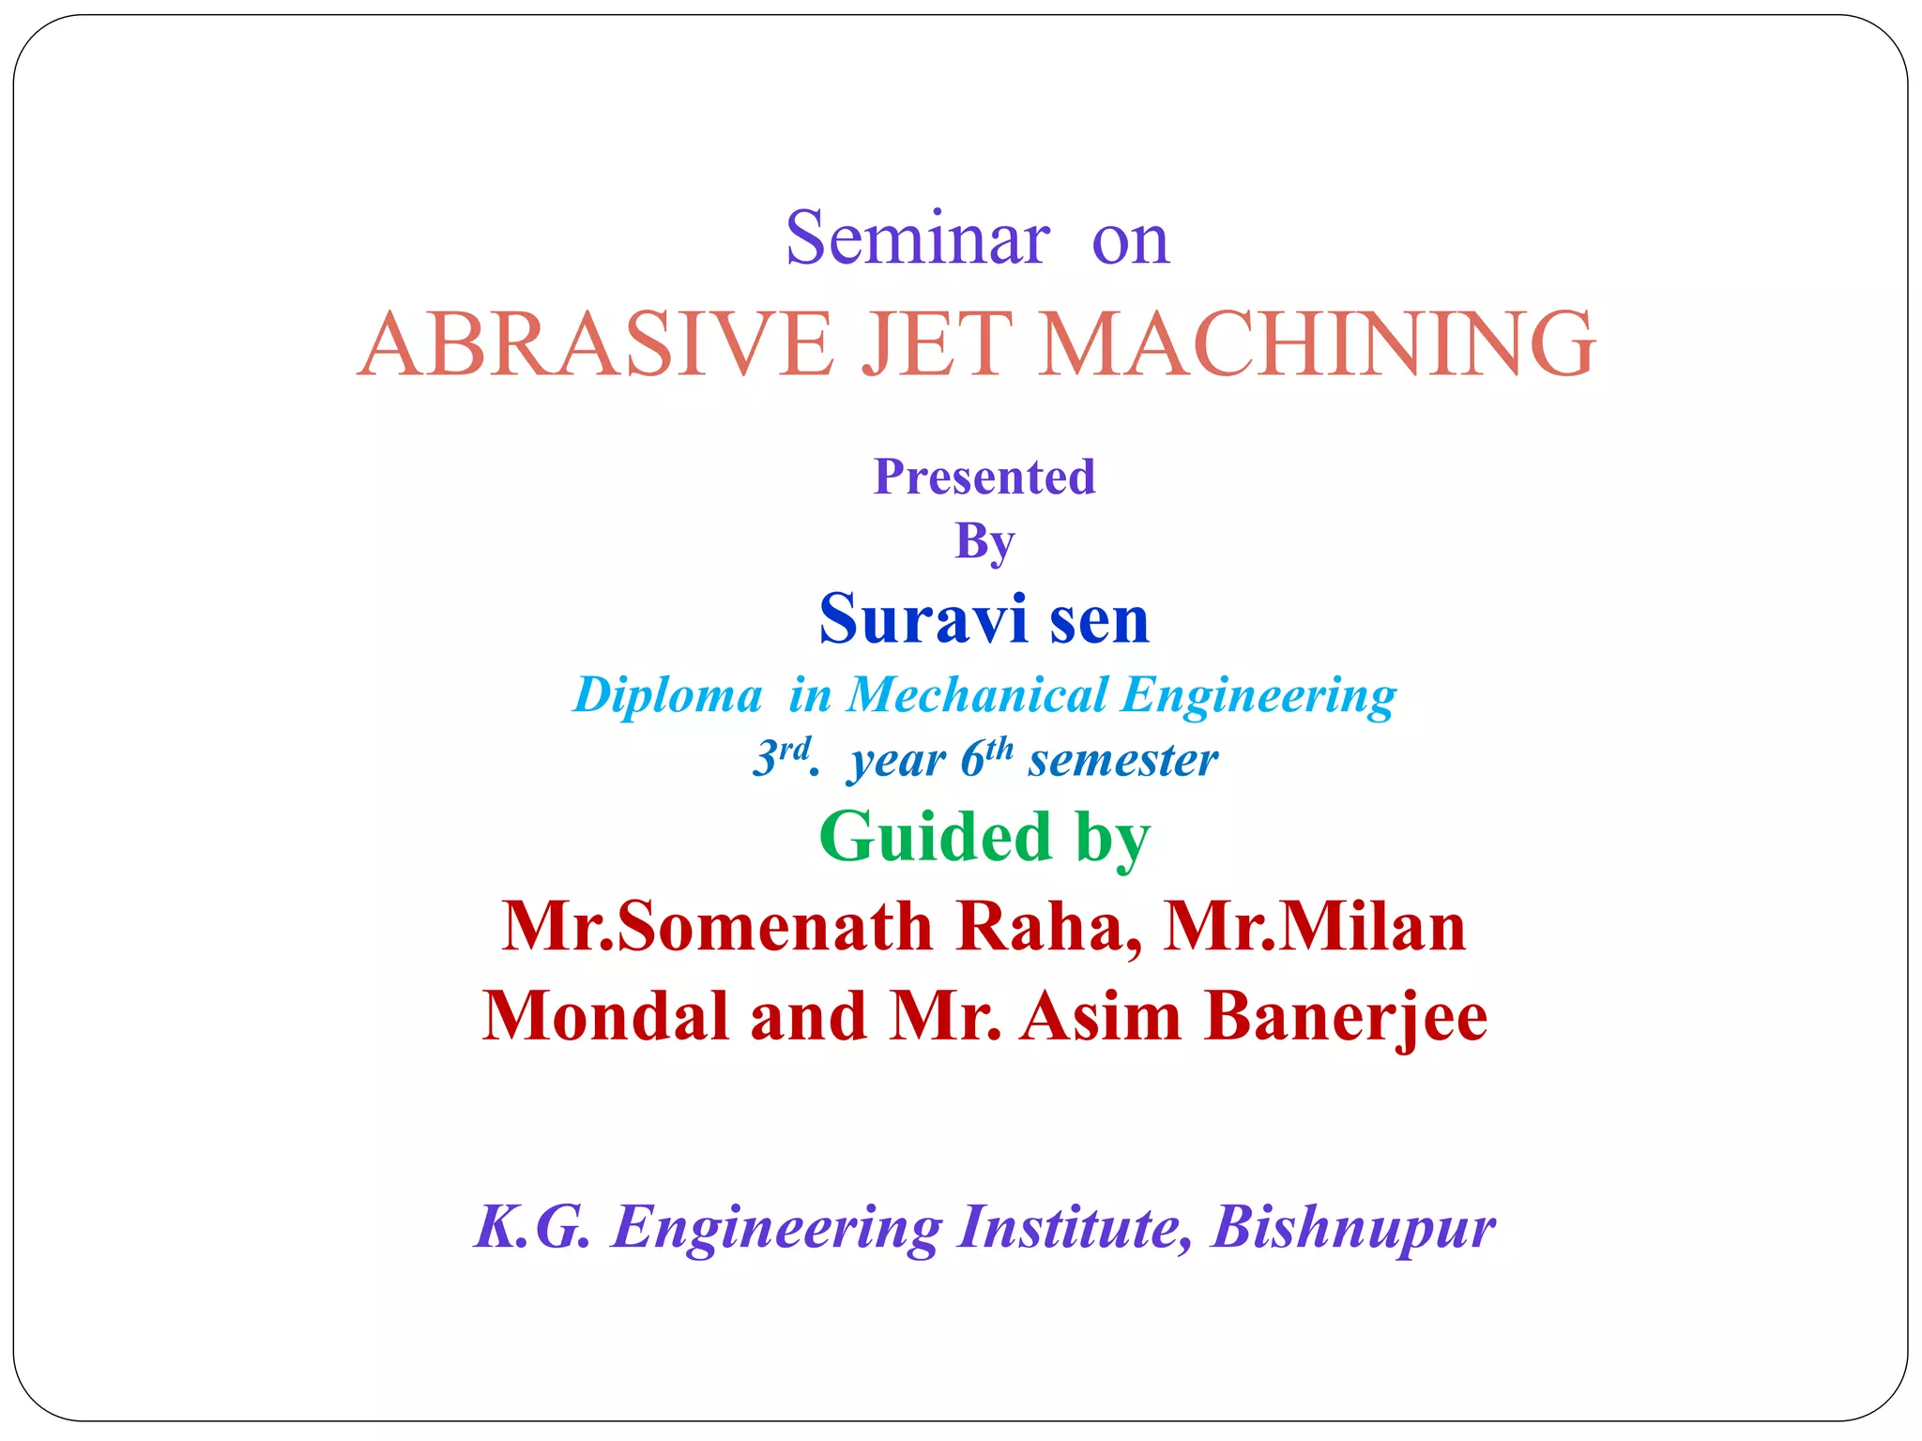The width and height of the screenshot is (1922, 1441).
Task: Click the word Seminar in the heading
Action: click(917, 239)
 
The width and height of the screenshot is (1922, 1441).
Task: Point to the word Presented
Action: click(984, 477)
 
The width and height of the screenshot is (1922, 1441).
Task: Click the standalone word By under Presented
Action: click(984, 541)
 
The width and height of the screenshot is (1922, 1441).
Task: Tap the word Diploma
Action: click(667, 696)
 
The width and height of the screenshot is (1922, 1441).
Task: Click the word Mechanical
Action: click(977, 696)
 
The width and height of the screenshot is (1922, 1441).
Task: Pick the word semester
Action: click(1122, 760)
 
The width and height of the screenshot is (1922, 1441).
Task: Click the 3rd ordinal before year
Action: click(783, 758)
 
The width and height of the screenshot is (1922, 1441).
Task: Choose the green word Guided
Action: click(935, 837)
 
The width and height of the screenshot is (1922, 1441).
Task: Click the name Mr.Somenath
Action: click(717, 927)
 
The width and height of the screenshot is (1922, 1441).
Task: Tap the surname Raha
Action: click(1049, 927)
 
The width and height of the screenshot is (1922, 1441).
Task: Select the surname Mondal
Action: click(606, 1017)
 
